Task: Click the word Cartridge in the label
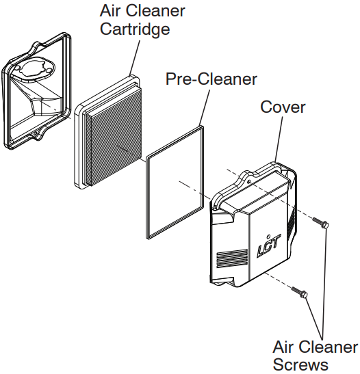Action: coord(135,29)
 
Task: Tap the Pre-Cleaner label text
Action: coord(211,79)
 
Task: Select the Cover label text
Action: coord(283,107)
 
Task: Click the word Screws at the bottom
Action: coord(300,364)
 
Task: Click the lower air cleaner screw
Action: coord(299,292)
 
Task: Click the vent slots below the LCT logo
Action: coord(232,258)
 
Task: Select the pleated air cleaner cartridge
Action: coord(108,133)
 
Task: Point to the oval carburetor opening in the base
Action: coord(36,69)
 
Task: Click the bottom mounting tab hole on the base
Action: coord(35,135)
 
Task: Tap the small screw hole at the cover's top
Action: coord(249,182)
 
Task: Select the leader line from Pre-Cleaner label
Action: coord(205,107)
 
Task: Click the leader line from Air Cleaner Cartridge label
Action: coord(134,57)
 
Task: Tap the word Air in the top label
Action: coord(109,10)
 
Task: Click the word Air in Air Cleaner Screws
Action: coord(282,347)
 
